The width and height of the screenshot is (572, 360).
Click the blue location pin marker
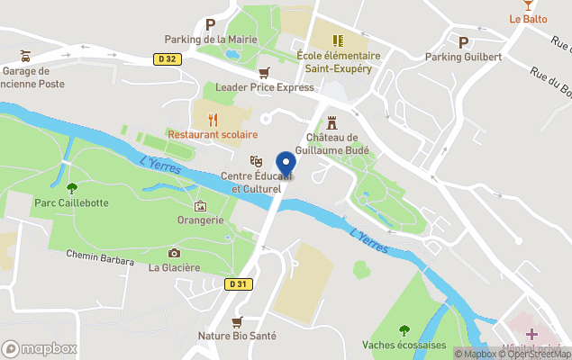pos(286,166)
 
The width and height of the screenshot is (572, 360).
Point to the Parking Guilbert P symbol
pos(463,41)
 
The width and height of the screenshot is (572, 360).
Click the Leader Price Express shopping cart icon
pos(264,72)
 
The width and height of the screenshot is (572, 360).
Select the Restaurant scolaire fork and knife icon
pos(213,119)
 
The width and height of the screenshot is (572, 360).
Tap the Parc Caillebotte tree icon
pos(72,187)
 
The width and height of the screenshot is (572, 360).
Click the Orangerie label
pos(200,220)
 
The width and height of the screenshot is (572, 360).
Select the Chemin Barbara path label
pos(100,255)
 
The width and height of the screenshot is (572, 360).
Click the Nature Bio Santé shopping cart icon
pos(237,321)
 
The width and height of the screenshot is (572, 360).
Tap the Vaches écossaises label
pos(404,345)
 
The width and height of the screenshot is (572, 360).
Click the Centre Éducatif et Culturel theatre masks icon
pos(256,160)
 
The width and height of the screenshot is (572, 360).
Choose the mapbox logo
pos(40,348)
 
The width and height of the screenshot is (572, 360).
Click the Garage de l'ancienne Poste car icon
pos(25,55)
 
